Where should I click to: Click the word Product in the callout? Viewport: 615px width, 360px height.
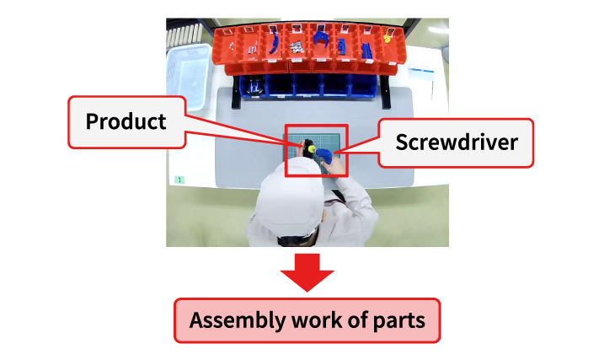pos(126,121)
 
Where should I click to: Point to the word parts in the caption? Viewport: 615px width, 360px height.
pos(399,321)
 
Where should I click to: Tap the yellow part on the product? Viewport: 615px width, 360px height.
pos(311,149)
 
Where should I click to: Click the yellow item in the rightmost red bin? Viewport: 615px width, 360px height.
pos(387,38)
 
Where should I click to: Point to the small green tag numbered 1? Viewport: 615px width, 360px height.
pos(179,180)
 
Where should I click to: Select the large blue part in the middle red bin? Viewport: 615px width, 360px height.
pos(324,37)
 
